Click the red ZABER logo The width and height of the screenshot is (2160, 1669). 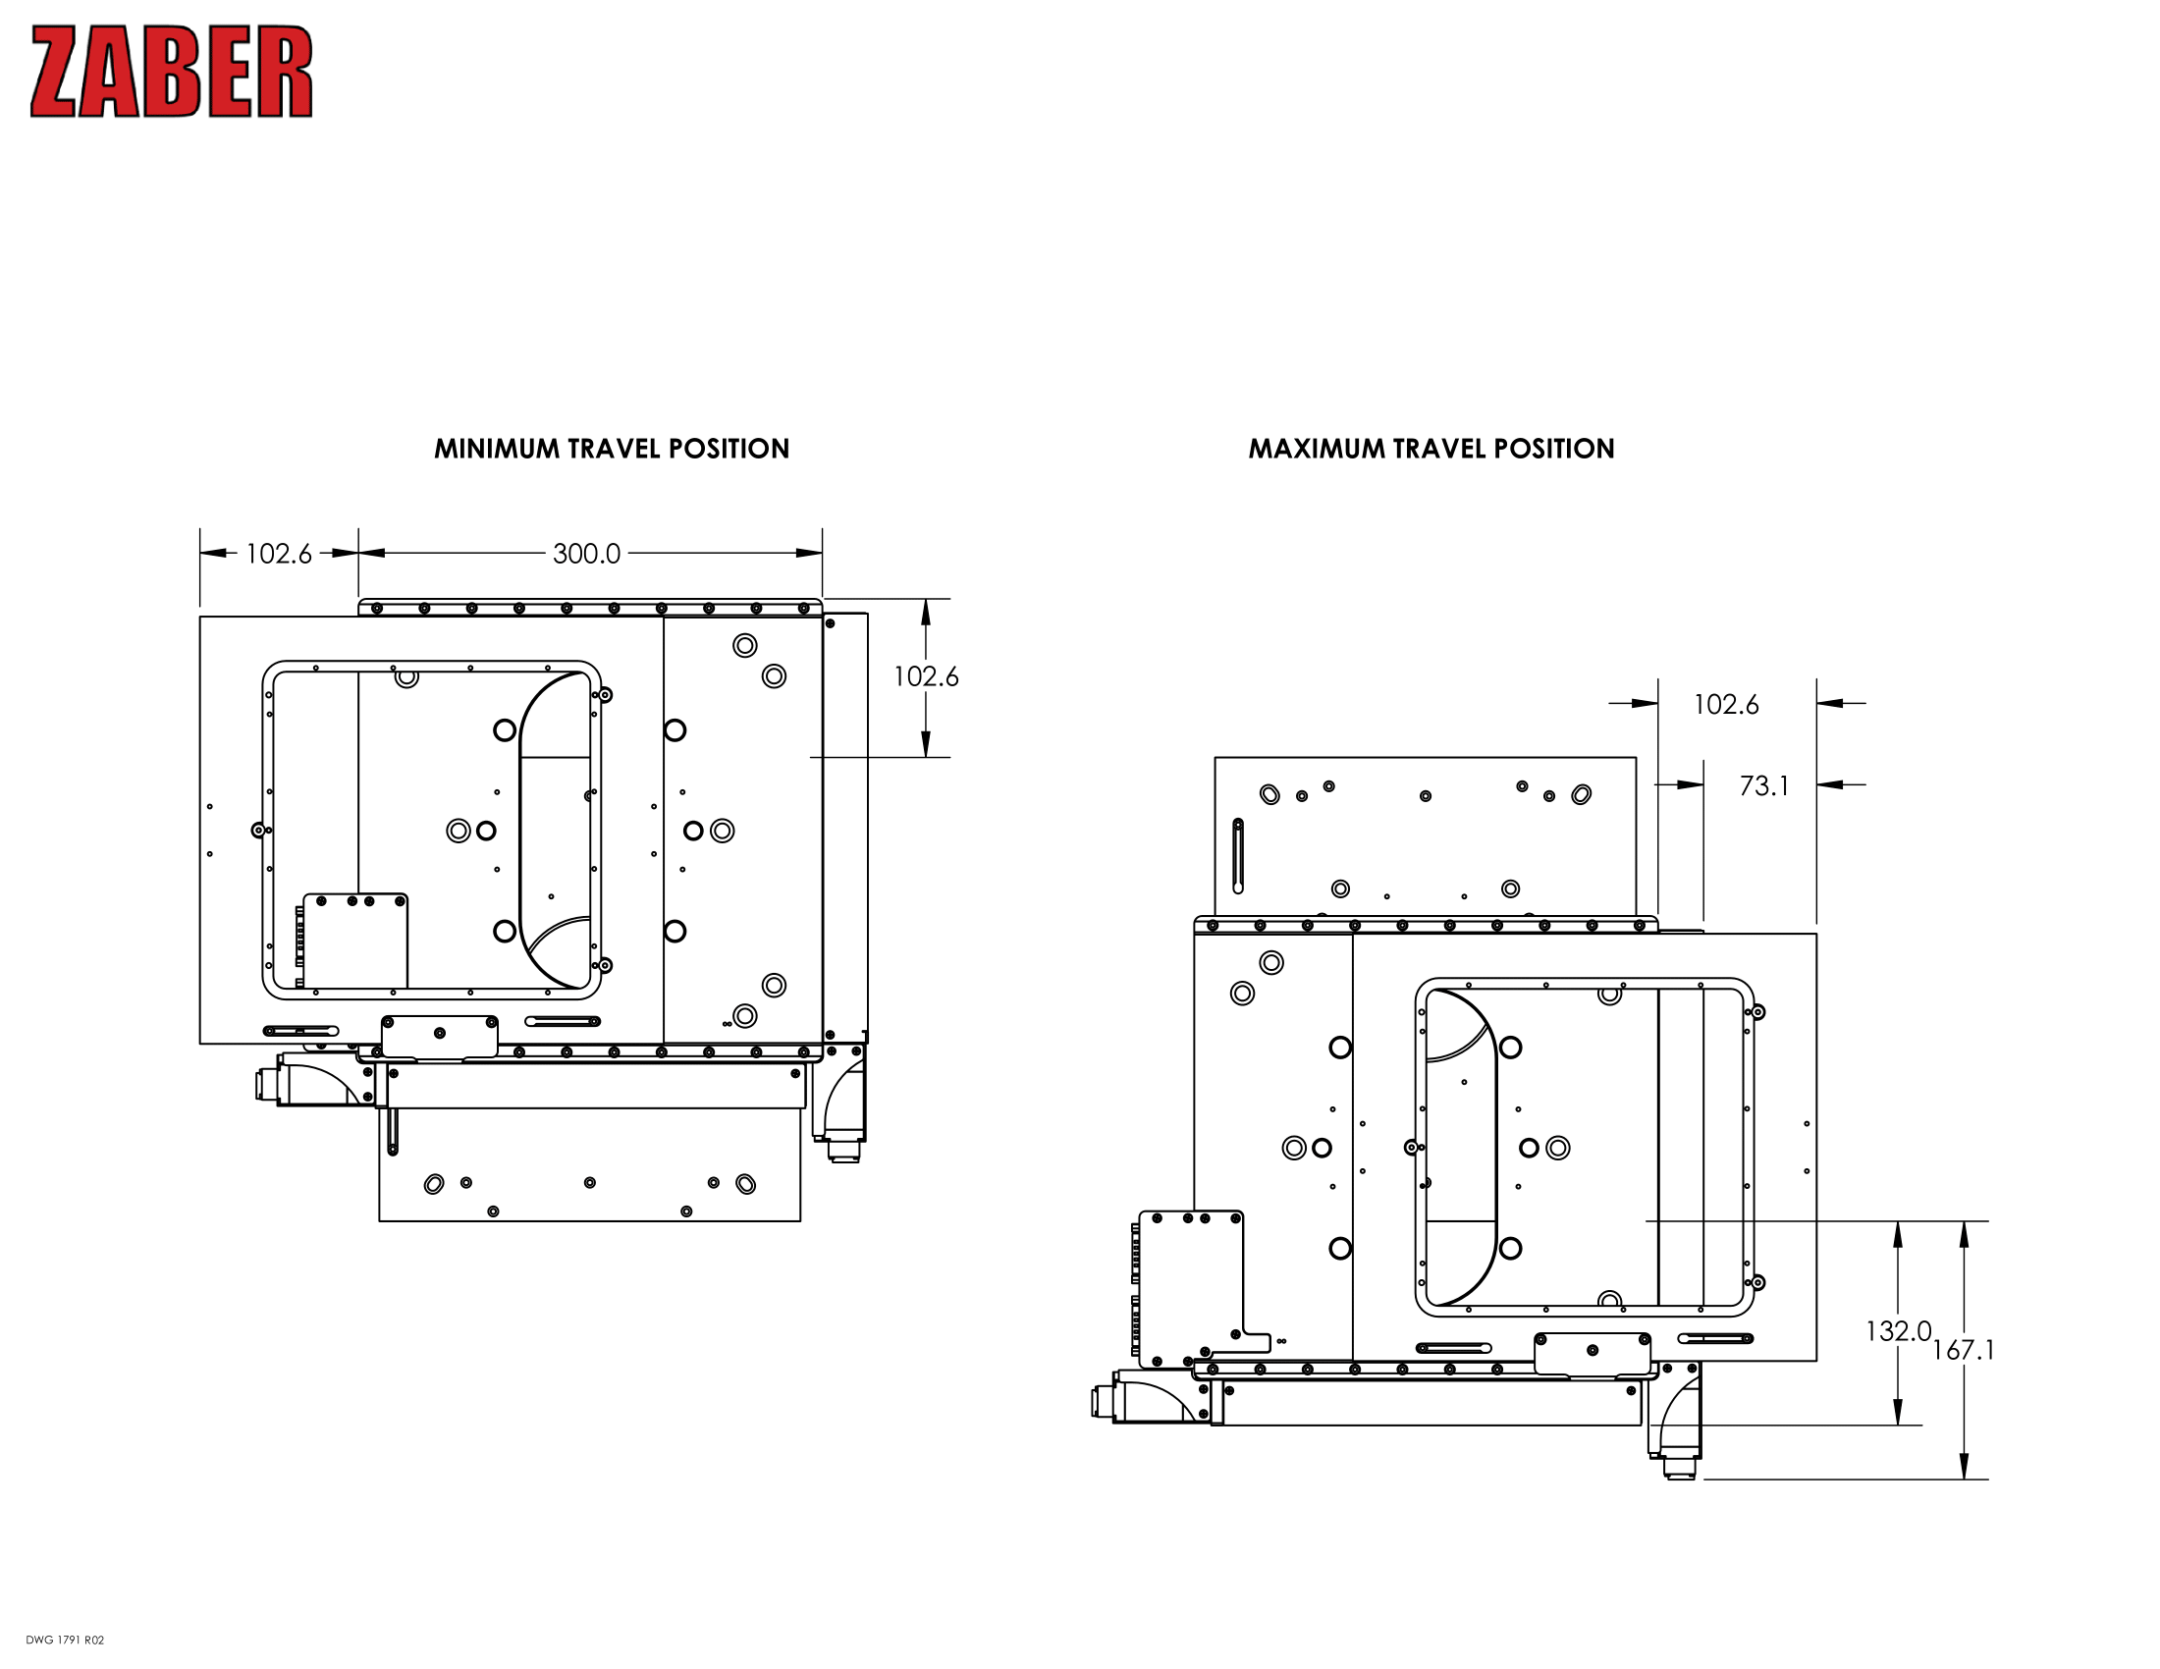coord(171,73)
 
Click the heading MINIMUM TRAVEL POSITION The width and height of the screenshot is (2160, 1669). coord(612,449)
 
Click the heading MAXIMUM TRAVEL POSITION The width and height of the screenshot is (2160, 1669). coord(1431,449)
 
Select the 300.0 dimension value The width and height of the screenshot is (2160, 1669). coord(586,554)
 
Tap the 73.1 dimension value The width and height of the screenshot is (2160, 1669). coord(1764,786)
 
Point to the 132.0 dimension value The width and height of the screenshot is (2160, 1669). coord(1897,1332)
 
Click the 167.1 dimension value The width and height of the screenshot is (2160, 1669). coord(1964,1351)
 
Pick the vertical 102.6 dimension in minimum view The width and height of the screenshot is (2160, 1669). coord(926,677)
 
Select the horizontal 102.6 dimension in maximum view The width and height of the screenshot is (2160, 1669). coord(1726,705)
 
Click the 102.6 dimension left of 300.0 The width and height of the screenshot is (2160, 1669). coord(278,554)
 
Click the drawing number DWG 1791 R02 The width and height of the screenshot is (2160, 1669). coord(64,1641)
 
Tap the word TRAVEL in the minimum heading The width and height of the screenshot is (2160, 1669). coord(614,449)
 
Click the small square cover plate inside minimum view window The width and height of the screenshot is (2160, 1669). coord(355,941)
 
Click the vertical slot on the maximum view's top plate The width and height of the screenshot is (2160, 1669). coord(1237,856)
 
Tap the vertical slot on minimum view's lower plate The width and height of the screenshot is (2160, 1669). coord(393,1131)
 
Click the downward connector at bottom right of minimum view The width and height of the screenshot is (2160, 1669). coord(842,1151)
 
